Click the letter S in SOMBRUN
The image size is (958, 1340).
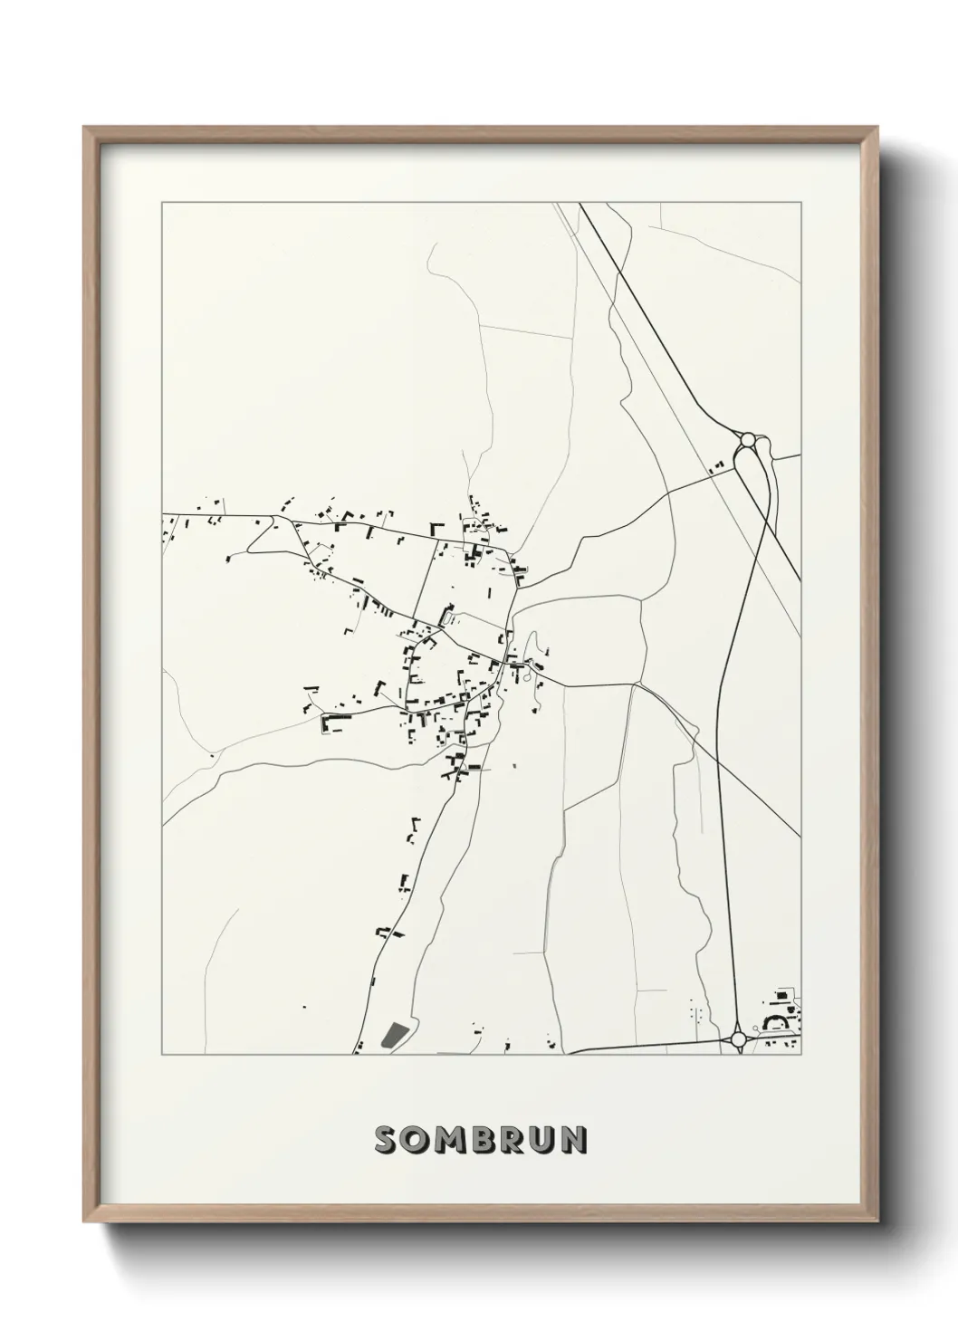tap(384, 1140)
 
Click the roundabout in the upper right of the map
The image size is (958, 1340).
tap(748, 440)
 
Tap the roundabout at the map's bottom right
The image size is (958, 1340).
tap(738, 1038)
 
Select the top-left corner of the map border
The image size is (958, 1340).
tap(162, 203)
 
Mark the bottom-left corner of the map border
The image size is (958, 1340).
tap(162, 1055)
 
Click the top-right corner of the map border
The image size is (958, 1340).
tap(802, 203)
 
